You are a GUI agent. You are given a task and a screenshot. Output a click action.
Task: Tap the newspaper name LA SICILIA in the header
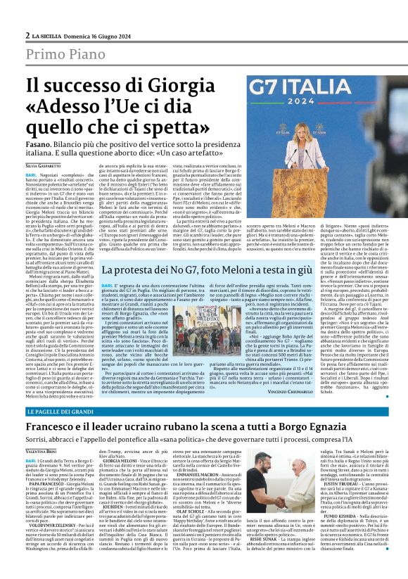pyautogui.click(x=51, y=35)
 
